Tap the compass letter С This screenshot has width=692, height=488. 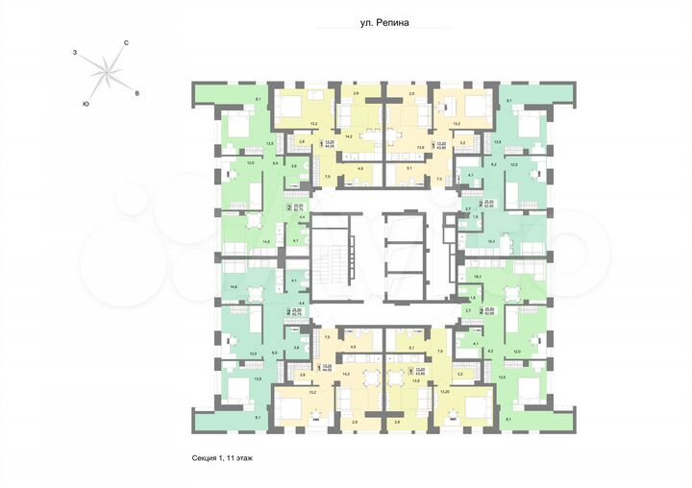[x=126, y=43]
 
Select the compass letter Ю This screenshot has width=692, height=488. [x=86, y=102]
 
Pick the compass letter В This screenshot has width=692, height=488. [x=137, y=93]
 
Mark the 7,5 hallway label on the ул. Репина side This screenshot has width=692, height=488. [x=327, y=178]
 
